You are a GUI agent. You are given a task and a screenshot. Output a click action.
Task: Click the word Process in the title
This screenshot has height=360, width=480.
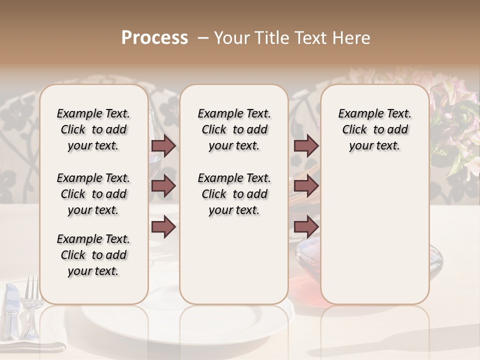click(x=154, y=38)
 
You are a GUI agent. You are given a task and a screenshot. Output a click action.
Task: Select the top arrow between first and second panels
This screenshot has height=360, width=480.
click(x=163, y=145)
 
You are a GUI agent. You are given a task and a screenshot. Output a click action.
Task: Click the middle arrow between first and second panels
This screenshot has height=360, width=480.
click(x=163, y=186)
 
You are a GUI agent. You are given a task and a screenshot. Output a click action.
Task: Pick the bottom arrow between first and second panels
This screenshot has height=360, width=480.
click(x=163, y=227)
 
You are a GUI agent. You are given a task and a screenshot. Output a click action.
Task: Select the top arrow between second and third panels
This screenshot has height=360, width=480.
click(x=306, y=145)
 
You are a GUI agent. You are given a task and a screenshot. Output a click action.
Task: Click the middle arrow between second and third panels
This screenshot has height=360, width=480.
click(x=306, y=186)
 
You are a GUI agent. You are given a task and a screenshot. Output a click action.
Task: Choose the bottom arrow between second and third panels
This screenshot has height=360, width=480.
click(x=306, y=227)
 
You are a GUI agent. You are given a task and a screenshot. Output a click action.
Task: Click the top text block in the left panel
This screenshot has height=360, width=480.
click(x=93, y=129)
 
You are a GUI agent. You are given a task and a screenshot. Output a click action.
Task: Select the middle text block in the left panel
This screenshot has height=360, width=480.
click(x=93, y=194)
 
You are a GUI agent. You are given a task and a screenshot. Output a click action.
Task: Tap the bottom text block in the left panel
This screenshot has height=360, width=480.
click(x=93, y=255)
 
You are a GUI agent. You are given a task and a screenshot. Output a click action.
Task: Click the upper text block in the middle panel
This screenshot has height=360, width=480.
click(x=234, y=129)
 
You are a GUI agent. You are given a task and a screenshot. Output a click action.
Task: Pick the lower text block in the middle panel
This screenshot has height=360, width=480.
click(x=234, y=194)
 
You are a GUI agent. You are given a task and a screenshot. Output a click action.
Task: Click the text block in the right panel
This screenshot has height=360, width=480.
click(x=375, y=129)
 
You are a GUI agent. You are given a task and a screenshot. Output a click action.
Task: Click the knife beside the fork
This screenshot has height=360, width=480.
click(x=12, y=310)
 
